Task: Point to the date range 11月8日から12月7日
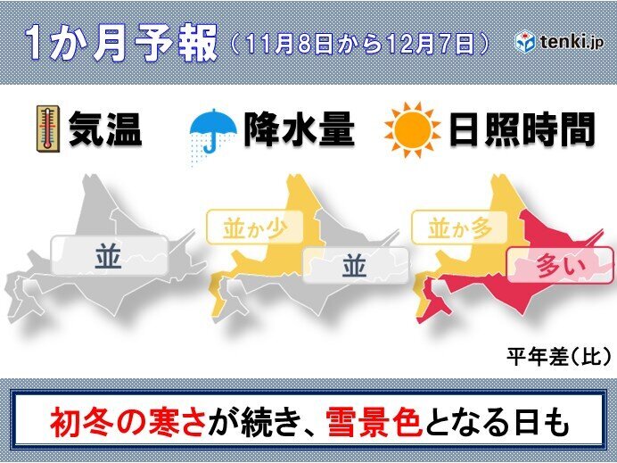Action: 359,42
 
